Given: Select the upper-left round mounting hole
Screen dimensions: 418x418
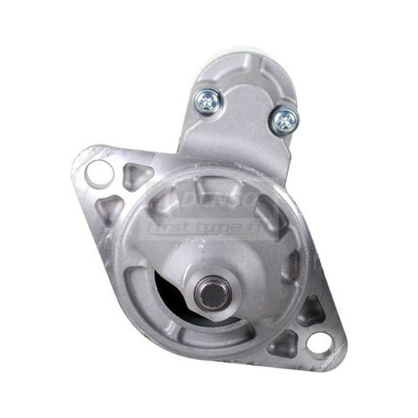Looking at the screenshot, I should (x=99, y=173).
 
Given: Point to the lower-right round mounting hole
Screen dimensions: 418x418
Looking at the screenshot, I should (x=319, y=342).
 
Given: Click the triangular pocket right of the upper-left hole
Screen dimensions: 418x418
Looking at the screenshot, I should (x=136, y=175).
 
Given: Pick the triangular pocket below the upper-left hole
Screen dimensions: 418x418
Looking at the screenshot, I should (x=110, y=209).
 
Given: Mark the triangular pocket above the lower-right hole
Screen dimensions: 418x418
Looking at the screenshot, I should (x=311, y=308).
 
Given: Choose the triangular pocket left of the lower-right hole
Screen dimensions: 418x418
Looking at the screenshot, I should (x=282, y=341).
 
